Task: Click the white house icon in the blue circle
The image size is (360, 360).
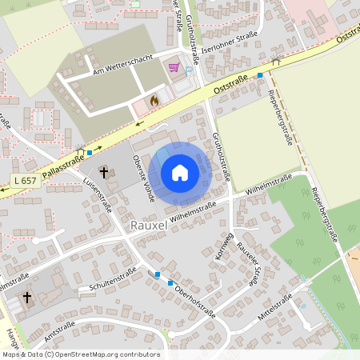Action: coord(180,173)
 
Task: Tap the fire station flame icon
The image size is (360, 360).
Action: coord(154,101)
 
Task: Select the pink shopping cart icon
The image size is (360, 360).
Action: coord(174,67)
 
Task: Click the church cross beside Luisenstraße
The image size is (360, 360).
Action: coord(104,172)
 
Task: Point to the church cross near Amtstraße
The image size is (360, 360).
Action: coord(26,298)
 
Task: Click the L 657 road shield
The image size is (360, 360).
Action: coord(25,181)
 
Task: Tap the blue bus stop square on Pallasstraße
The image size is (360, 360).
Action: coord(90,151)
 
